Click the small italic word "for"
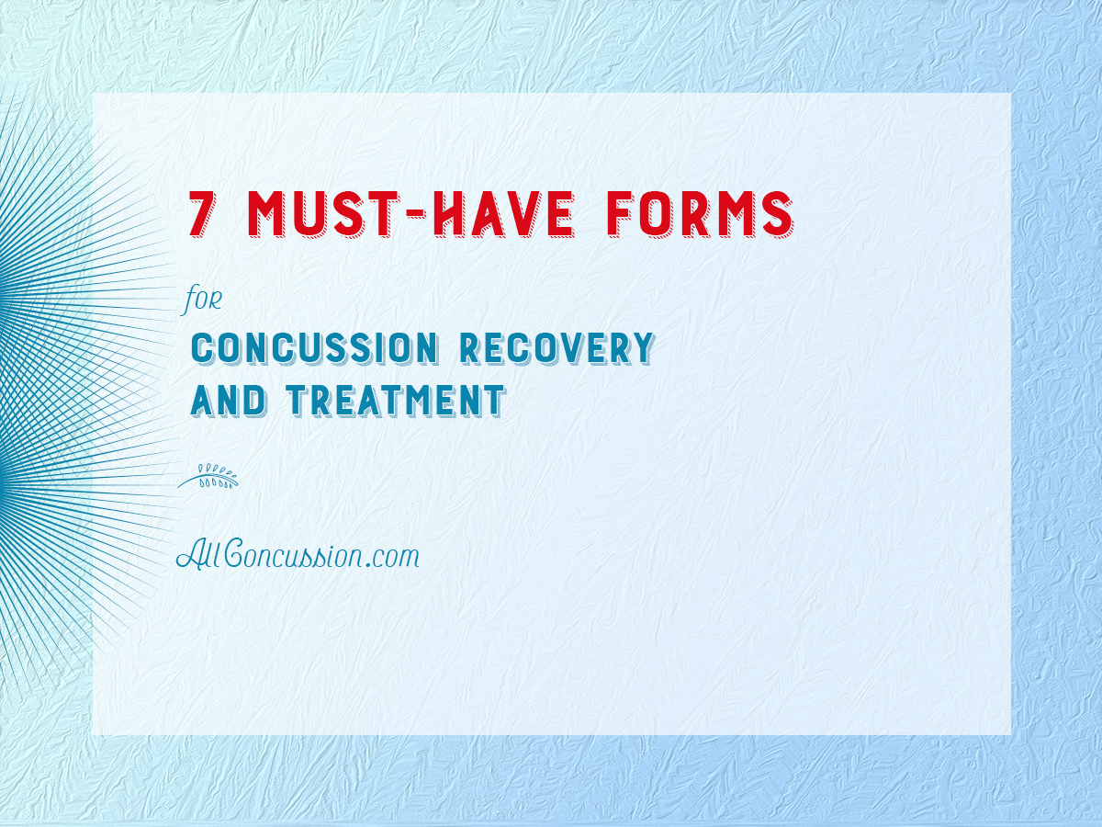202,300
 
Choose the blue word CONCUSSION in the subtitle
315,347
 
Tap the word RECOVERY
557,347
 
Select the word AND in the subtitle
228,401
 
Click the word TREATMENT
396,401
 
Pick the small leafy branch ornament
208,476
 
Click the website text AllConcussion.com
298,556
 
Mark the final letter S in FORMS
779,213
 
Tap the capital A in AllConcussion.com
191,555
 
